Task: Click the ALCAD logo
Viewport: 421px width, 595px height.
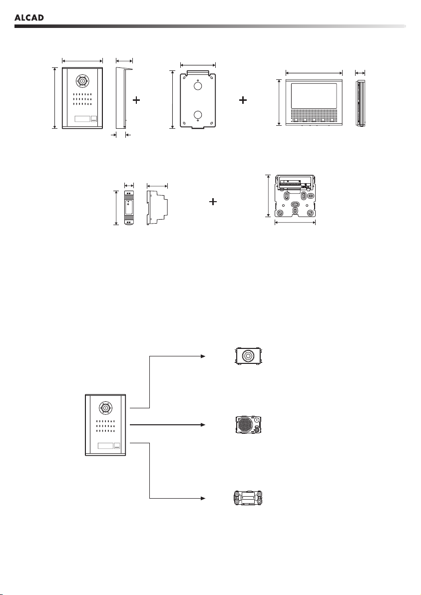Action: click(x=29, y=17)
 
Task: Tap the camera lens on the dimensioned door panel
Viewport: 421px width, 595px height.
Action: click(x=81, y=81)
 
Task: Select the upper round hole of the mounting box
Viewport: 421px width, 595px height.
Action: click(x=198, y=86)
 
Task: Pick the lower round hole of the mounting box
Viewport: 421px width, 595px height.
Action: click(x=198, y=115)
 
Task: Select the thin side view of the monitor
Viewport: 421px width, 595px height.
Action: click(x=360, y=102)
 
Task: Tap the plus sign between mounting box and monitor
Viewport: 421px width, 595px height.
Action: click(x=243, y=100)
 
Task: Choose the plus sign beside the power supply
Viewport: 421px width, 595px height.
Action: click(x=213, y=202)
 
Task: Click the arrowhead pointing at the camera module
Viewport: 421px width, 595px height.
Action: click(x=203, y=356)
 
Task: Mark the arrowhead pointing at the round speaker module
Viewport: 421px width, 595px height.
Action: click(x=203, y=424)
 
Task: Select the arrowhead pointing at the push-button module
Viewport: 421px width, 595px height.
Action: click(x=203, y=498)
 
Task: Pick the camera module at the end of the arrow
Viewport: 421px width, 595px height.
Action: click(x=247, y=356)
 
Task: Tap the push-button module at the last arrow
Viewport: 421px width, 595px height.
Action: click(x=247, y=498)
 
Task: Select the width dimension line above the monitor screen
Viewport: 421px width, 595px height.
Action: click(x=314, y=73)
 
